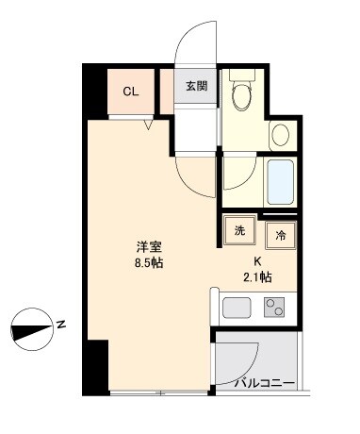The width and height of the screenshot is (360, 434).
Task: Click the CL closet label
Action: click(132, 92)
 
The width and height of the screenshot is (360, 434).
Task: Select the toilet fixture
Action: click(242, 94)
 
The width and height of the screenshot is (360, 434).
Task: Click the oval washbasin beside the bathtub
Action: click(280, 136)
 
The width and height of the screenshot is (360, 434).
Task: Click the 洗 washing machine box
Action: click(239, 229)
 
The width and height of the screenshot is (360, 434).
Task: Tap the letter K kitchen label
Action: click(255, 262)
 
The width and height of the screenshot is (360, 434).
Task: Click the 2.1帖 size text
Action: click(258, 277)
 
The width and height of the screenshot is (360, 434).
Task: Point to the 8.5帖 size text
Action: click(150, 264)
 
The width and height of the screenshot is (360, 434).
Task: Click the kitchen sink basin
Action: click(236, 308)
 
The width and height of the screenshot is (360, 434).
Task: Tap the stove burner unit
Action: click(274, 307)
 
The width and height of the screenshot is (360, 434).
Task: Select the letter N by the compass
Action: click(60, 325)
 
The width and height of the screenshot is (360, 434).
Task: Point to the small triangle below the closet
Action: click(147, 123)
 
